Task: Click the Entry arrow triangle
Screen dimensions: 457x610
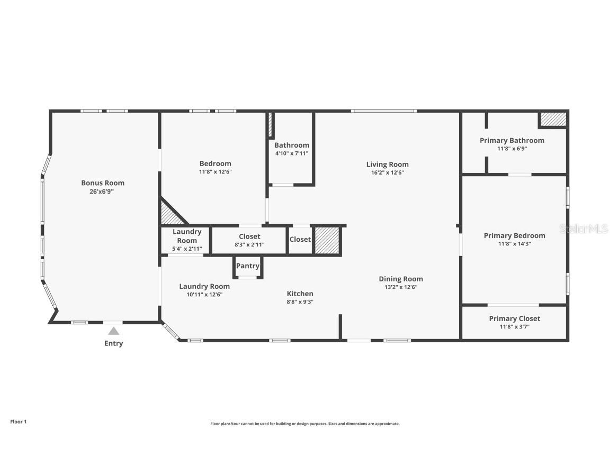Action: (x=113, y=331)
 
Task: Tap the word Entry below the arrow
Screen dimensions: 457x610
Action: (x=113, y=343)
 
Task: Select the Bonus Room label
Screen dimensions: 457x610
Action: (x=103, y=183)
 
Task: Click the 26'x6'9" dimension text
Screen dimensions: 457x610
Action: (x=102, y=191)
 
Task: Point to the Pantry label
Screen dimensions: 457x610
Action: (x=247, y=266)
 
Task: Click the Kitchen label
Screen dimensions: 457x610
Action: (x=300, y=294)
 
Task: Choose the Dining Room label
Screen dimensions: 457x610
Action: (x=400, y=279)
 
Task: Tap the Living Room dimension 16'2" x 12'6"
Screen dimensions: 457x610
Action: (x=387, y=172)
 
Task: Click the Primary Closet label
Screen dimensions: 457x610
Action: (x=514, y=318)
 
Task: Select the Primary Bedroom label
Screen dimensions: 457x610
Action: (x=514, y=235)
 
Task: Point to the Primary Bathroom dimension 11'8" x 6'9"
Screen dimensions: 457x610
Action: (x=512, y=149)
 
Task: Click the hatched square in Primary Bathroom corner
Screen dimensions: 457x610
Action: (x=553, y=119)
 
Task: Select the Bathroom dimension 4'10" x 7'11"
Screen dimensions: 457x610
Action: (x=291, y=153)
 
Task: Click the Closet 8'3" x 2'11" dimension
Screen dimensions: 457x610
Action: (x=249, y=244)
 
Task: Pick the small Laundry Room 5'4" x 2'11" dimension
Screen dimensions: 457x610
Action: (x=186, y=249)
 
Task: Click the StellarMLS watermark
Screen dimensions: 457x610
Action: (x=584, y=229)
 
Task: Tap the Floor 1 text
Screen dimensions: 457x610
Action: (x=18, y=422)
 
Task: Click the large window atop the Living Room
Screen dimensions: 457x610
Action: (x=384, y=111)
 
